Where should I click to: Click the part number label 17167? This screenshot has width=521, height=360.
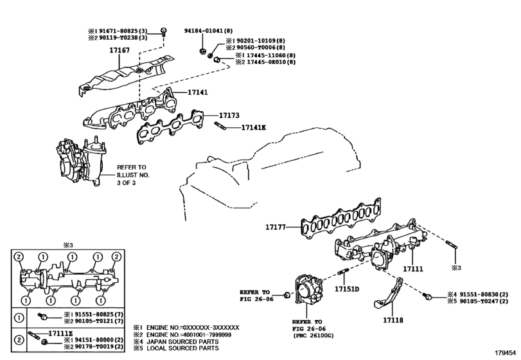pos(119,50)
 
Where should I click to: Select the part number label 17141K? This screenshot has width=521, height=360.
pos(254,127)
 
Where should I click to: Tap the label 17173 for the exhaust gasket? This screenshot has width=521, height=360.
pos(229,115)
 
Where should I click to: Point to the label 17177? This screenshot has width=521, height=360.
pos(276,227)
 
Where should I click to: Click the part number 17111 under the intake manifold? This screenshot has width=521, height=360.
pos(413,269)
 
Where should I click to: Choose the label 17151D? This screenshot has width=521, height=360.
pos(347,289)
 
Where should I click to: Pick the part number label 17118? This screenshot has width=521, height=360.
pos(393,320)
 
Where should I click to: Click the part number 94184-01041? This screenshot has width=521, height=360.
pos(204,31)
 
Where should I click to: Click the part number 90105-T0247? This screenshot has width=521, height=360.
pos(479,301)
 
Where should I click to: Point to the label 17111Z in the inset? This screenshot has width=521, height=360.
pos(60,333)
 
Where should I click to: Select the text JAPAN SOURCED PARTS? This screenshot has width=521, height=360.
pos(182,341)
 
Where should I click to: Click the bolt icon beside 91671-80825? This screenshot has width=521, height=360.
pos(163,32)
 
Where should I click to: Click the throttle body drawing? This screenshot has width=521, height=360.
pos(308,289)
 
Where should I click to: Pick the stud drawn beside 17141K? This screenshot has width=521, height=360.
pos(220,126)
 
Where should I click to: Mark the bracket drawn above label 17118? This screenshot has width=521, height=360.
pos(389,294)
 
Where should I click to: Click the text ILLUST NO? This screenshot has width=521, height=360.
pos(133,175)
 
